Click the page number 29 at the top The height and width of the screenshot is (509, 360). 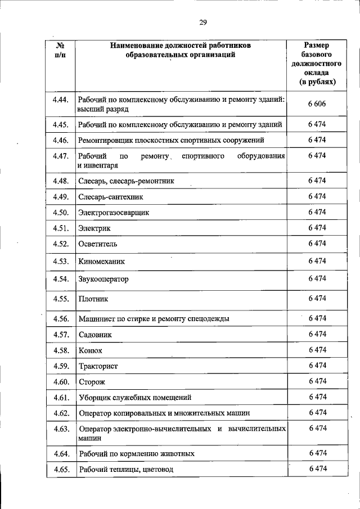coord(203,22)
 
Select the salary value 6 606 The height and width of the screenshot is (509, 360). coord(317,104)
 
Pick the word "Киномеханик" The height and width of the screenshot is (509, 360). coord(102,262)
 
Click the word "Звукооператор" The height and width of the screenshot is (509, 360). coord(104,279)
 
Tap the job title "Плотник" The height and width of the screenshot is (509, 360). coord(93,299)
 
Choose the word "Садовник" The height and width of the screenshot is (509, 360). coord(96,335)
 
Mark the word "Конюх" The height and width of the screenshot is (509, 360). coord(91,350)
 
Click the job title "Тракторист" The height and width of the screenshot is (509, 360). coord(98,366)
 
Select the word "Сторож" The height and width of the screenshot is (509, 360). coord(92,382)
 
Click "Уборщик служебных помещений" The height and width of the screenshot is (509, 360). coord(135,398)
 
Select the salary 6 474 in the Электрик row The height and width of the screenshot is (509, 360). coord(317,228)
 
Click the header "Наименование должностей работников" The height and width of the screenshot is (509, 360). coord(181,44)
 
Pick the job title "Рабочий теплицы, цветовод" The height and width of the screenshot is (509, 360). coord(126,469)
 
